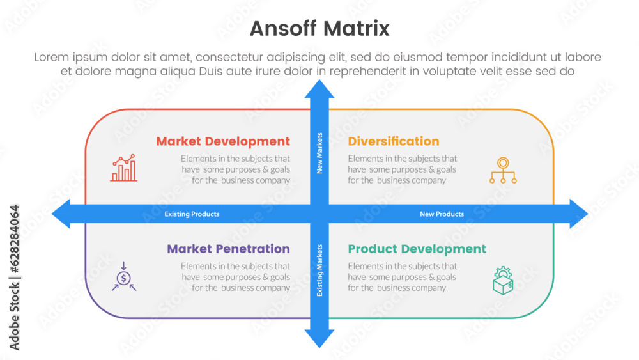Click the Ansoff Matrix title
tap(319, 29)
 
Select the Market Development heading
tap(223, 141)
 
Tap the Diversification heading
tap(394, 141)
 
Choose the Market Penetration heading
tap(228, 249)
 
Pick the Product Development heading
tap(417, 249)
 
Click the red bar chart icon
tap(123, 168)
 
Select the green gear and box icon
tap(503, 280)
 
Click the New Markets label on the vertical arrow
tap(319, 153)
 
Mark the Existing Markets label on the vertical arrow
tap(319, 270)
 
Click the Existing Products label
tap(192, 214)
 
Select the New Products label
tap(442, 214)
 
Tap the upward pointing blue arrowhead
tap(319, 89)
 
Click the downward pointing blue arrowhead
tap(319, 338)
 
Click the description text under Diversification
tap(402, 169)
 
